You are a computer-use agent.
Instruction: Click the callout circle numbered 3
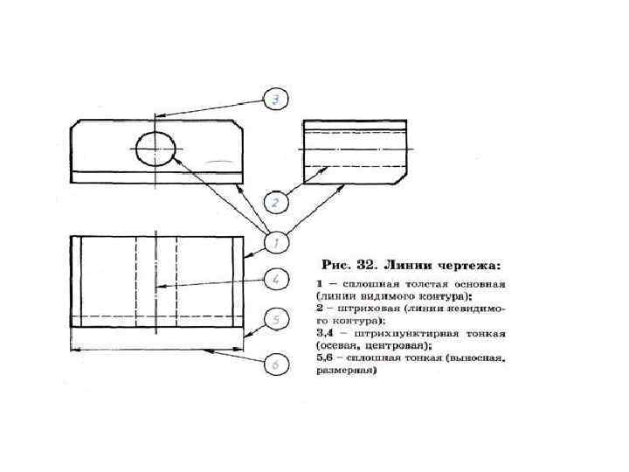pos(275,101)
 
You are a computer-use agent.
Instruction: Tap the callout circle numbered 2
pos(274,204)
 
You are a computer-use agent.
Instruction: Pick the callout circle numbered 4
pos(275,280)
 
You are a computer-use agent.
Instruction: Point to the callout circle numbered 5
pos(275,321)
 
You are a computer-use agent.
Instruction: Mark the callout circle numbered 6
pos(275,363)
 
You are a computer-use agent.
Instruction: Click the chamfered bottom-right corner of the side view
pos(402,177)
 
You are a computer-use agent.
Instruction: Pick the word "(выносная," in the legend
pos(476,358)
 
